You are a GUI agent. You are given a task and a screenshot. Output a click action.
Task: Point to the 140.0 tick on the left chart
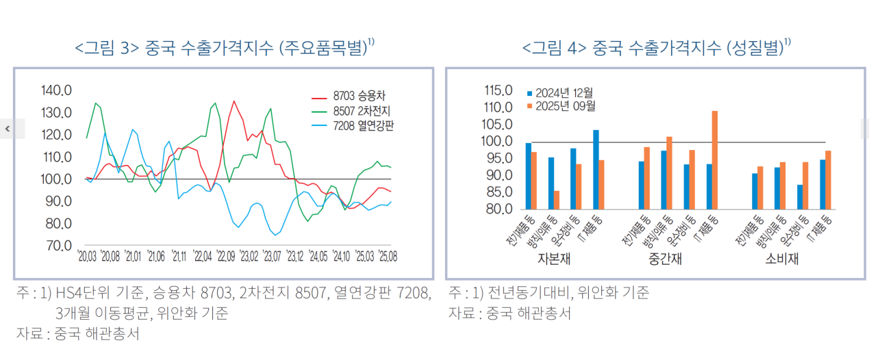(56, 90)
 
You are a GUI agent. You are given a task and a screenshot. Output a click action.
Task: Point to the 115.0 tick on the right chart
(498, 90)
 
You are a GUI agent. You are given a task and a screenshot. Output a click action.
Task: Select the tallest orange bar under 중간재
(715, 159)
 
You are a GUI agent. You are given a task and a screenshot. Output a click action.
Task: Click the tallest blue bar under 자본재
(596, 169)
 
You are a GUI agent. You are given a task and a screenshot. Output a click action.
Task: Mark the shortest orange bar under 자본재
(557, 200)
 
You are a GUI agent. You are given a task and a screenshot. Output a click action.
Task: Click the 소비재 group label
(782, 260)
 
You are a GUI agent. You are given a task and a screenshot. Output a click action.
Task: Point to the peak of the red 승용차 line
(234, 101)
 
